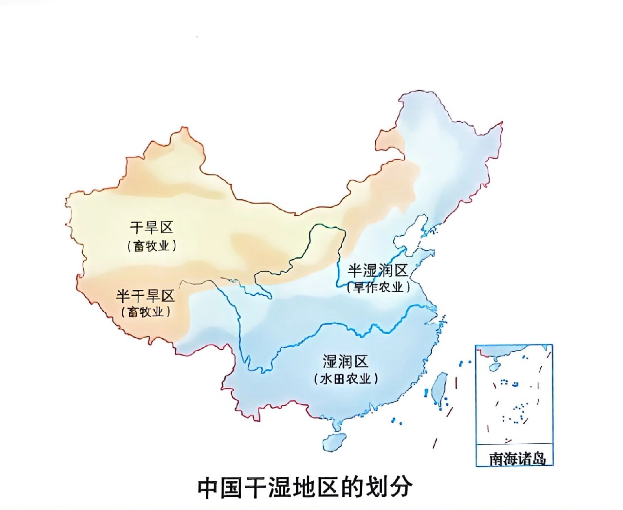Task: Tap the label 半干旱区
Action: (145, 296)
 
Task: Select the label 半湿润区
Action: (378, 271)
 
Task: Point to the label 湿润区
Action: (345, 361)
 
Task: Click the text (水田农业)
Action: (346, 378)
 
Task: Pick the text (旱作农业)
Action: (378, 287)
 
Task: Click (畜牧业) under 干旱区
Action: (151, 246)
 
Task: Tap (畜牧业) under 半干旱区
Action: (145, 312)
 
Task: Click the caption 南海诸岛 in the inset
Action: (517, 458)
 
